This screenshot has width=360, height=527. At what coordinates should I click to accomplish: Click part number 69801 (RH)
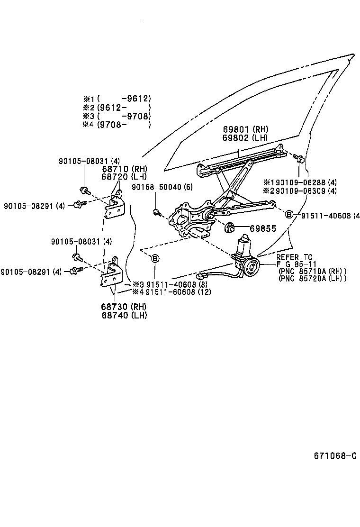pos(245,129)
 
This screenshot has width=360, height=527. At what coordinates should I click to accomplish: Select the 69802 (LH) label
pos(245,138)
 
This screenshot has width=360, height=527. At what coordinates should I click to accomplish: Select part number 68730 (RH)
pos(124,307)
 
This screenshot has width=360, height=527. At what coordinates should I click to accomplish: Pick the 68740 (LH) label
pos(124,315)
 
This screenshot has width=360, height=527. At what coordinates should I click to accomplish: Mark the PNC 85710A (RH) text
pos(313,271)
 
